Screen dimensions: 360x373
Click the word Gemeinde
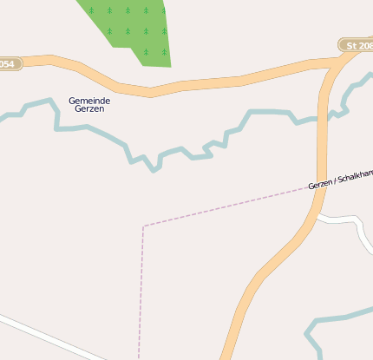[x=89, y=101]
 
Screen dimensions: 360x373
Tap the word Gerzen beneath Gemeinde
[x=89, y=110]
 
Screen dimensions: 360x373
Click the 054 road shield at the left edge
[x=8, y=64]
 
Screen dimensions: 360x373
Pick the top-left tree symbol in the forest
[x=90, y=10]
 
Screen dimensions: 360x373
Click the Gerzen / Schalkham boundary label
[x=340, y=179]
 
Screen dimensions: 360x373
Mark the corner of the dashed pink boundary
[x=143, y=226]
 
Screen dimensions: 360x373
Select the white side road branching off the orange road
[x=338, y=219]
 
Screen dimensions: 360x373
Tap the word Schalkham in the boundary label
[x=356, y=175]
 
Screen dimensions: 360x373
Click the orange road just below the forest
[x=152, y=88]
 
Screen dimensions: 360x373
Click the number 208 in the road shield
[x=363, y=45]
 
